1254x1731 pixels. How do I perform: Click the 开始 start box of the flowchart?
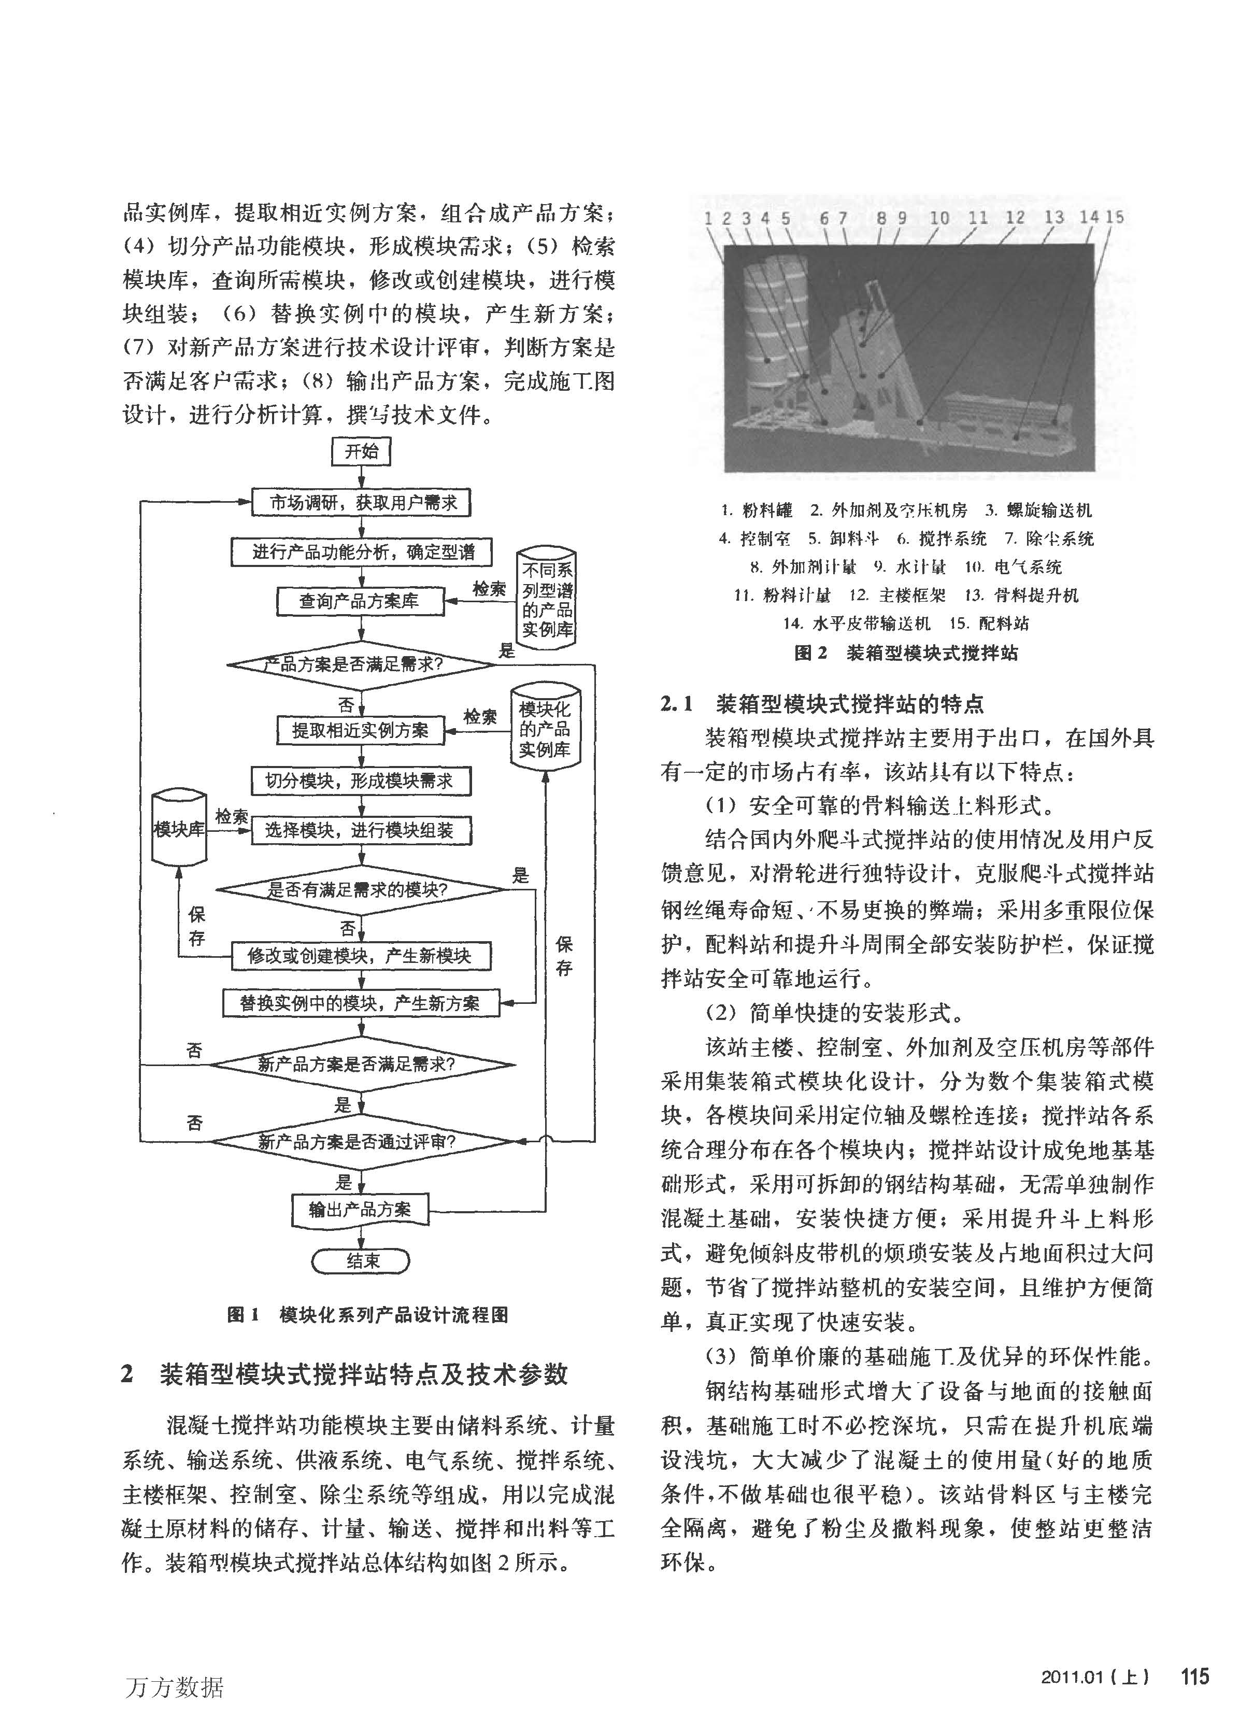(361, 451)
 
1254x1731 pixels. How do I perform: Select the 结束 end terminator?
(361, 1261)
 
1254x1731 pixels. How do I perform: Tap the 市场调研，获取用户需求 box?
(361, 503)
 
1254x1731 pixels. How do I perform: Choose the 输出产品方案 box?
(360, 1210)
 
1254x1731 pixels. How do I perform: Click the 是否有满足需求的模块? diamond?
(361, 890)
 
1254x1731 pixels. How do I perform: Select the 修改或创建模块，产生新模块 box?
(361, 956)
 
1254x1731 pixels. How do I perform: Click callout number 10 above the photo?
(939, 218)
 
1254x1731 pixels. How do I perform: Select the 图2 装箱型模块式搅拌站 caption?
(906, 654)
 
